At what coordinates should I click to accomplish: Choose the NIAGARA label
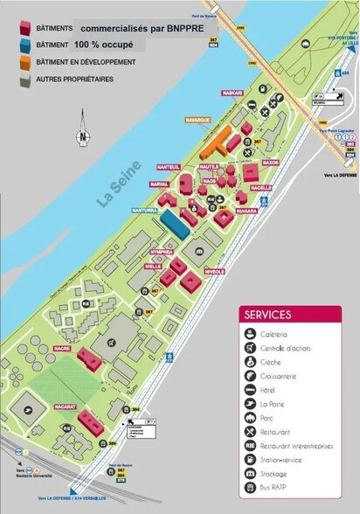(x=246, y=210)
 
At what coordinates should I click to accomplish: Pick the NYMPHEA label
(x=161, y=250)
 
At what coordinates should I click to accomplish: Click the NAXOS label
(x=270, y=162)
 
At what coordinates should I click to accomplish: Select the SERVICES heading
(x=269, y=315)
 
